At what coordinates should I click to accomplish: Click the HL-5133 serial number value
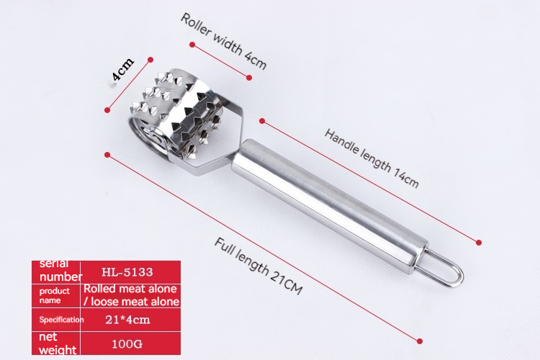[127, 272]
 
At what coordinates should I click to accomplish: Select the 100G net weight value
[127, 344]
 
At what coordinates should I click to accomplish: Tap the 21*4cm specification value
[127, 320]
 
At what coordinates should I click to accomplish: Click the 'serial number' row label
[60, 271]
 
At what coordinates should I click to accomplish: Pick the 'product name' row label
[55, 296]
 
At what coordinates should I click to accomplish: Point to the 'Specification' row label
[61, 320]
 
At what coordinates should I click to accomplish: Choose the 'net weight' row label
[58, 343]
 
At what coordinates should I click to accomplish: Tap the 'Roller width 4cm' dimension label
[223, 41]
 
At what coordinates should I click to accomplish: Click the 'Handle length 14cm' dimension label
[372, 158]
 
